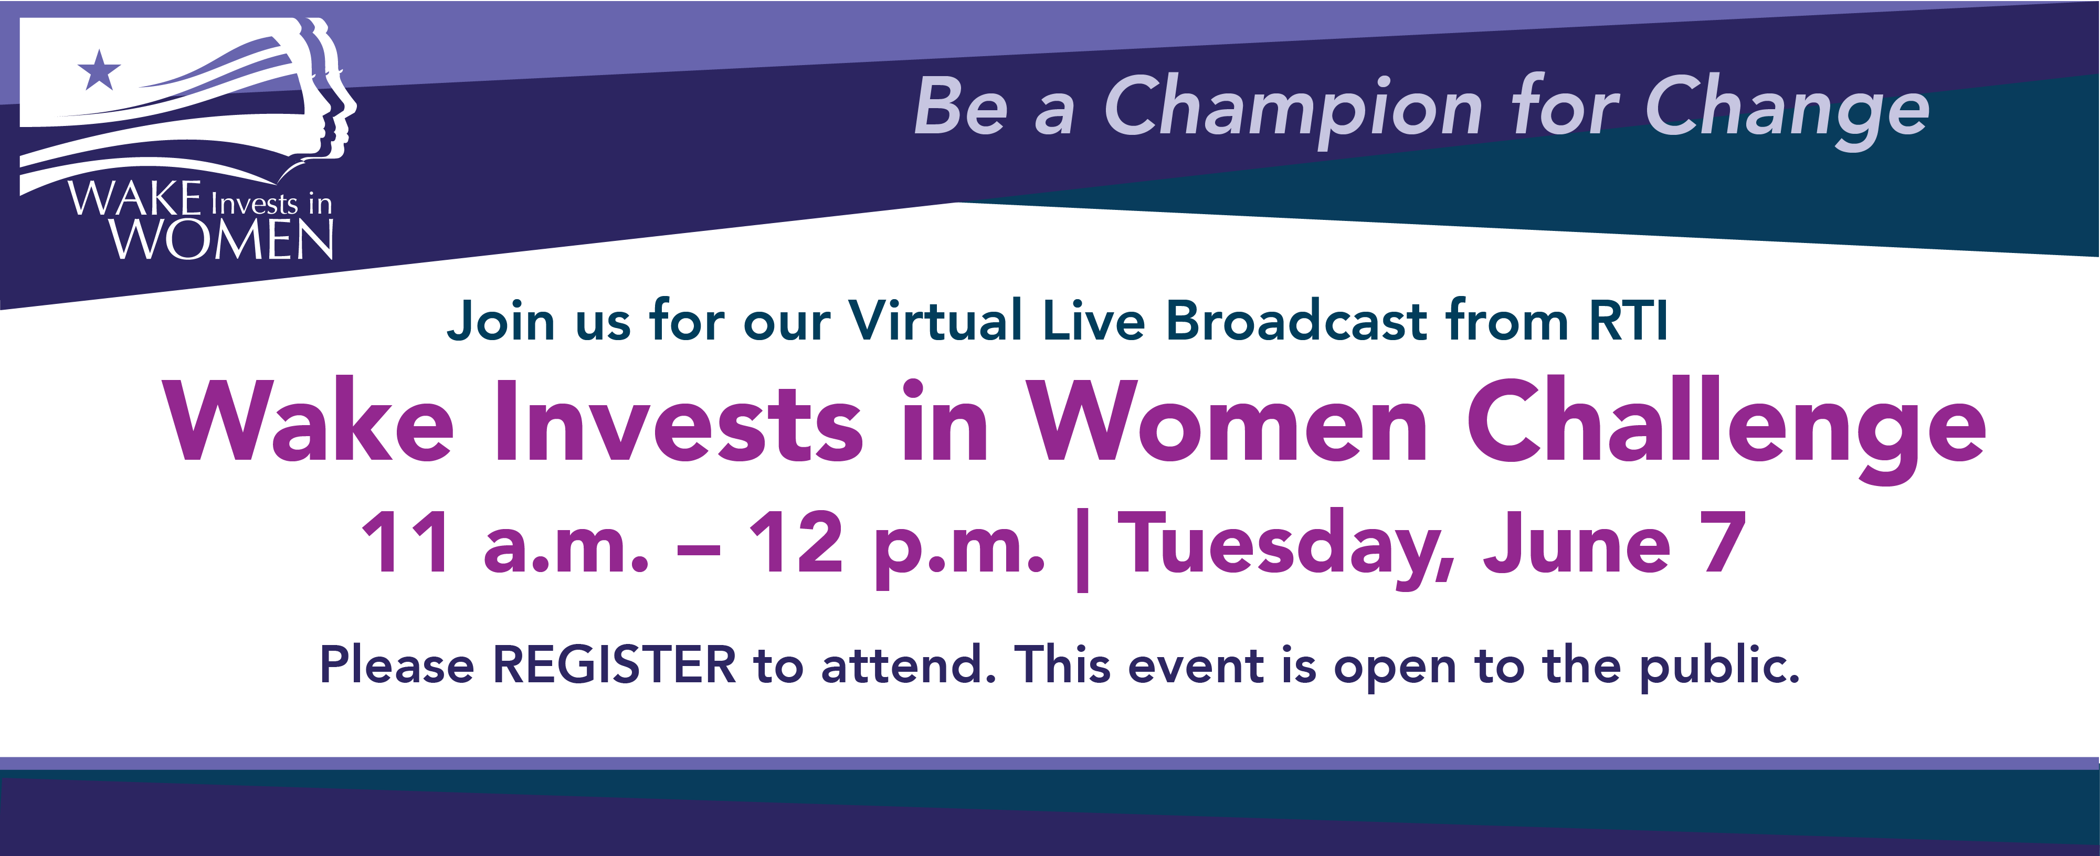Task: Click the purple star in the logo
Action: [99, 71]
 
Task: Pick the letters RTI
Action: [1627, 320]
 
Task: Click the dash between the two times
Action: [699, 549]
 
